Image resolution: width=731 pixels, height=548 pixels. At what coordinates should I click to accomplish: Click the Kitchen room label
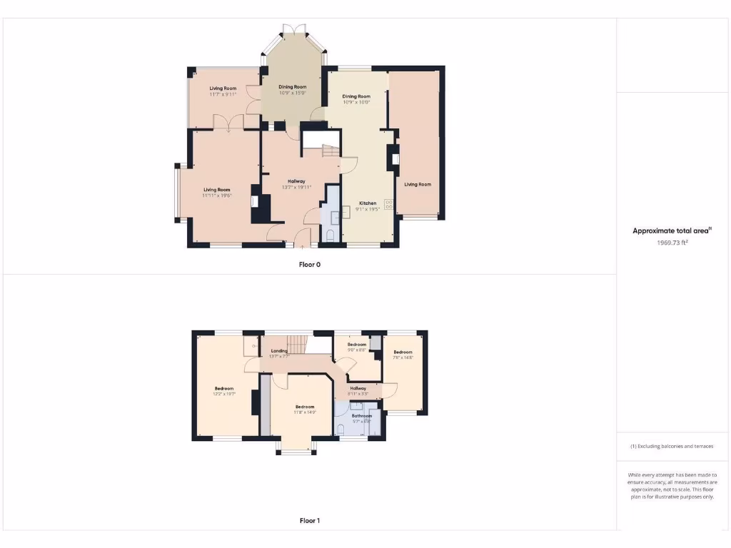367,203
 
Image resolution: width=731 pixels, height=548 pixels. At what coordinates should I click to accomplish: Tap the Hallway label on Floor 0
296,181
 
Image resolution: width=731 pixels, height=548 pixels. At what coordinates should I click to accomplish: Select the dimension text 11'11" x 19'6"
217,195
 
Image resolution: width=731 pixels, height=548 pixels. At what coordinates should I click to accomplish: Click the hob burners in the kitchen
389,203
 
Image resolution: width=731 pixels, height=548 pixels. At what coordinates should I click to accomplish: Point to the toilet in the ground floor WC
330,235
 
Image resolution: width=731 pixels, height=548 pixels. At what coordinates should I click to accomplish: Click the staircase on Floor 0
331,151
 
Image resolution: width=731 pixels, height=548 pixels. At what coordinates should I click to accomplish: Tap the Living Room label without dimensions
418,184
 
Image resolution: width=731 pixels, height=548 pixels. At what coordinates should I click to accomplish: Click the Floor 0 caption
309,264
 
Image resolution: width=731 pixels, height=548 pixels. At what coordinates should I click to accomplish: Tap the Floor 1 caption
309,521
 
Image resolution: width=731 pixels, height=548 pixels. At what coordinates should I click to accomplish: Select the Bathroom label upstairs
361,415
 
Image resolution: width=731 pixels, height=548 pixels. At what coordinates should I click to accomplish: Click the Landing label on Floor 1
279,351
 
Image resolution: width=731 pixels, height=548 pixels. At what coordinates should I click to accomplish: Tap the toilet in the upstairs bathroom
341,429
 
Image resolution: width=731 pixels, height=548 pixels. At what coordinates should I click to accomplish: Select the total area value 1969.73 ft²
672,243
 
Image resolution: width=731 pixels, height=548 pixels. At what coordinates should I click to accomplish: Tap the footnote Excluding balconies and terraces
672,446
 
